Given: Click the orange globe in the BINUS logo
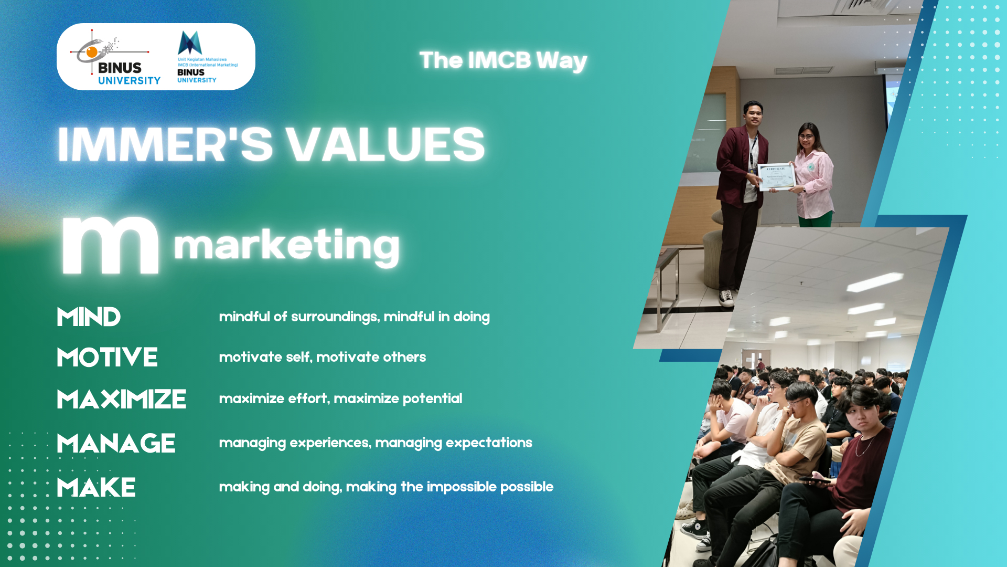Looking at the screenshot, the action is [x=92, y=52].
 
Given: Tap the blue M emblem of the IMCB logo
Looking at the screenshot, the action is [x=190, y=43].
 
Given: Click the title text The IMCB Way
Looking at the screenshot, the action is [x=503, y=61].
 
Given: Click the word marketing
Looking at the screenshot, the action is [x=286, y=246].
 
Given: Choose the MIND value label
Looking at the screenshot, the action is [x=89, y=317].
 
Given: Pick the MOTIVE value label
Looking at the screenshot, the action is [x=107, y=358].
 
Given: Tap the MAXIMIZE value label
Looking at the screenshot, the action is [x=121, y=399].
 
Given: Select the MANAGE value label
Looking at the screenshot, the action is [x=116, y=444].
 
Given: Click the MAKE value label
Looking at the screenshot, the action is [x=96, y=488].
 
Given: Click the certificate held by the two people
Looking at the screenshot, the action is [x=777, y=177].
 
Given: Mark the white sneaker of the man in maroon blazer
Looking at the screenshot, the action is [x=726, y=298].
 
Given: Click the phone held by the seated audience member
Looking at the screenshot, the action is [x=815, y=479].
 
